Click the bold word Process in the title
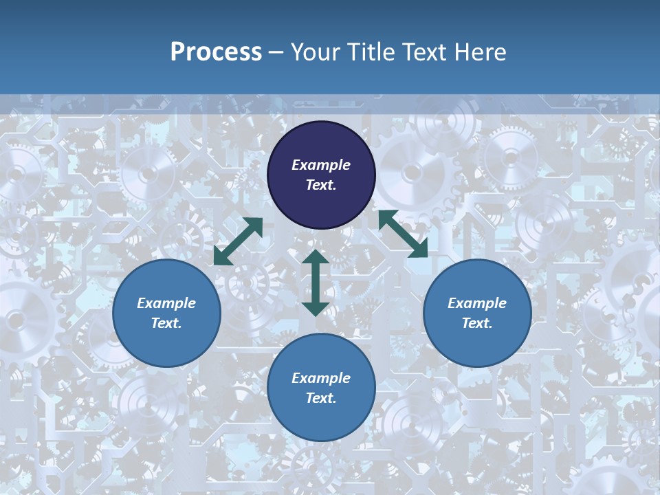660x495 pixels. pyautogui.click(x=216, y=52)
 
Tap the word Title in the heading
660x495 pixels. pyautogui.click(x=372, y=52)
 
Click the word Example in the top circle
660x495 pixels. pyautogui.click(x=321, y=165)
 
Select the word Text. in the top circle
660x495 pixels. pyautogui.click(x=321, y=185)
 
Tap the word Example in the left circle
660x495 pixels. pyautogui.click(x=166, y=303)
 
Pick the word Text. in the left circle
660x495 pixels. pyautogui.click(x=166, y=323)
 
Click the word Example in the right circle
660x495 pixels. pyautogui.click(x=477, y=303)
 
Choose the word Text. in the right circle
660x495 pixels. pyautogui.click(x=477, y=323)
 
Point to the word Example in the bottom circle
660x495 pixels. pyautogui.click(x=321, y=378)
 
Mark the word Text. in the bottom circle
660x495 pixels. pyautogui.click(x=321, y=398)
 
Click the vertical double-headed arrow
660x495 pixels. pyautogui.click(x=316, y=283)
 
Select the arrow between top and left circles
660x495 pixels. pyautogui.click(x=238, y=241)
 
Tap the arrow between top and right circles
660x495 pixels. pyautogui.click(x=403, y=234)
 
